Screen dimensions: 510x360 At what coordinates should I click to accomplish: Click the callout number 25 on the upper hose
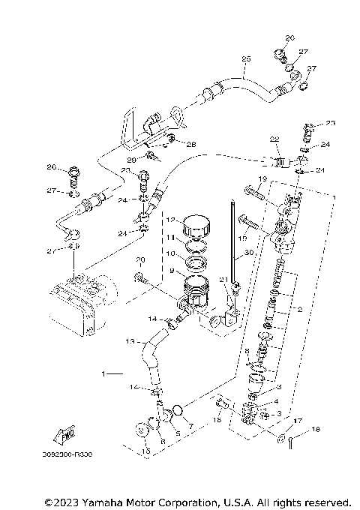[x=245, y=58]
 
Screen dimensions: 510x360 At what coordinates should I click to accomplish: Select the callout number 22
[x=274, y=139]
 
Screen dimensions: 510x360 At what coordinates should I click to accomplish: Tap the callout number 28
[x=190, y=145]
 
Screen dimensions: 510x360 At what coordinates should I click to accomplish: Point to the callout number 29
[x=131, y=160]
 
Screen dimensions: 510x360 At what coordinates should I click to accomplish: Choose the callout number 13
[x=130, y=342]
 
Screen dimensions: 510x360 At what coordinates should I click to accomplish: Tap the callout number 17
[x=298, y=421]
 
